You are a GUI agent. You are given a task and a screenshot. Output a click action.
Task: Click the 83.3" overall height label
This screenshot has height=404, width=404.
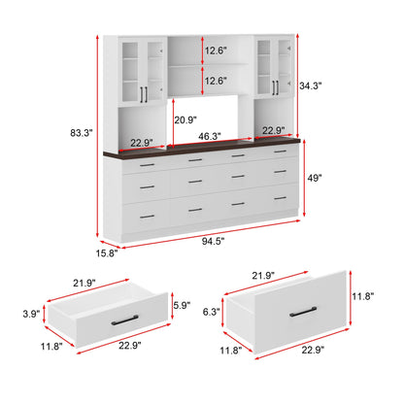tap(82, 133)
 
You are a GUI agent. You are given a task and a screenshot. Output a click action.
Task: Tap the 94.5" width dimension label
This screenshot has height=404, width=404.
tap(214, 241)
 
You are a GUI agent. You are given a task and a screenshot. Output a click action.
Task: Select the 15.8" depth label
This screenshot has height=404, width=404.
tap(107, 253)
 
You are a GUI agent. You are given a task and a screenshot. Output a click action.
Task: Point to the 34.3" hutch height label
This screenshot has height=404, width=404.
tap(310, 86)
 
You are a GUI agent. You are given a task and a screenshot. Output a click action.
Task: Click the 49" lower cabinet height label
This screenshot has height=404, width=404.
tap(315, 178)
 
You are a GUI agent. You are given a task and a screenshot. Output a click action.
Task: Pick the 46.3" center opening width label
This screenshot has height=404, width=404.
tap(210, 136)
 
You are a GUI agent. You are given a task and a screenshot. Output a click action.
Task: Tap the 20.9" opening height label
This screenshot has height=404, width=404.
tap(185, 120)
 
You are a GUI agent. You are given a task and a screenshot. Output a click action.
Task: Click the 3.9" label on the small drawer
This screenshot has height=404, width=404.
tap(31, 314)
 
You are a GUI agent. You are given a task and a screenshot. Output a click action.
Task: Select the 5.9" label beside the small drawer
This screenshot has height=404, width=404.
tap(182, 305)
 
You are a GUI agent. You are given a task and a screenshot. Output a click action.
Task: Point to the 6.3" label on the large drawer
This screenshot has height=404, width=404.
tap(212, 312)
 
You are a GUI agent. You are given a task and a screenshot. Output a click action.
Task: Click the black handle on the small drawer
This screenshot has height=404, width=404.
tap(124, 320)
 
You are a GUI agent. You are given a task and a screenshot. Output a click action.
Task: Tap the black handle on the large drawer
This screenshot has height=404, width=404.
tap(303, 312)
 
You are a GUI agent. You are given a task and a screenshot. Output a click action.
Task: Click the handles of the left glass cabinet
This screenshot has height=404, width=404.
tap(144, 94)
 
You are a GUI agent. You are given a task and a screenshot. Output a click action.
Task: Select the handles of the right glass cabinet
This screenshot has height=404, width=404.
tap(275, 87)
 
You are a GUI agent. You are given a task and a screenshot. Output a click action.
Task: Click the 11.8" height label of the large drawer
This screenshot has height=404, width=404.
tap(363, 296)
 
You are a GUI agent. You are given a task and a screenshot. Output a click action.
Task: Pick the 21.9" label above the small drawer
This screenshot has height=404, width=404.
tap(84, 283)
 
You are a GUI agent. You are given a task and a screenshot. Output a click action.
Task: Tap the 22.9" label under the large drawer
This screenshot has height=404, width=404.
tap(313, 350)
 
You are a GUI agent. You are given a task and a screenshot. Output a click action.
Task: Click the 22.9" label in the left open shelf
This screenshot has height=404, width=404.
tap(142, 143)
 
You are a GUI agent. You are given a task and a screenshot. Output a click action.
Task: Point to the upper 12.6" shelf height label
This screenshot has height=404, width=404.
tap(216, 50)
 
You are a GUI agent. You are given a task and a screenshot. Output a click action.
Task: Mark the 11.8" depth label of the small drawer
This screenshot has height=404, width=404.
tap(51, 346)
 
